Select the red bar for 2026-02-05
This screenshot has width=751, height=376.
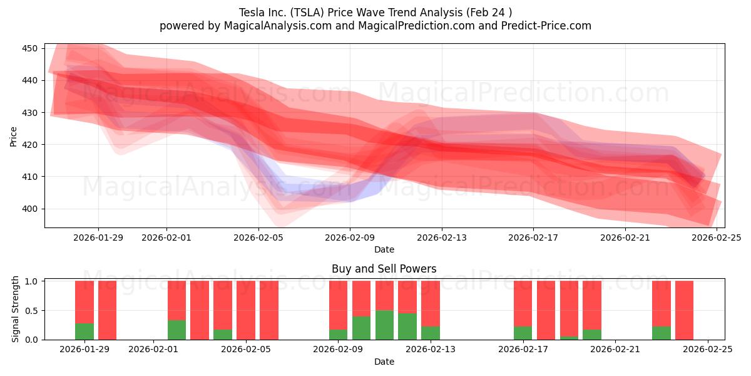[x=246, y=310]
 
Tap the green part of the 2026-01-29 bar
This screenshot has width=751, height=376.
[x=84, y=332]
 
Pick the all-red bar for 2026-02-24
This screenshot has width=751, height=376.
[x=684, y=310]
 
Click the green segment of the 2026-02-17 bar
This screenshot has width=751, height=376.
[x=523, y=333]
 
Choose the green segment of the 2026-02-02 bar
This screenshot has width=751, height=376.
[x=176, y=330]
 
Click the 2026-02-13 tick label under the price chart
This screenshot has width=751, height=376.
[x=442, y=238]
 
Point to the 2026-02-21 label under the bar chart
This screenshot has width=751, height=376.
[x=615, y=350]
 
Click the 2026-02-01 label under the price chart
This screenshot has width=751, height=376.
[x=166, y=238]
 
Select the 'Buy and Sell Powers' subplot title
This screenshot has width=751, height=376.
[x=384, y=269]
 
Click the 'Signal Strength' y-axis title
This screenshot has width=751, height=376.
[x=15, y=310]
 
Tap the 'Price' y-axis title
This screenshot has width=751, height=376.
[x=14, y=136]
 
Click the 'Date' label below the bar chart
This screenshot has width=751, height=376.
[x=384, y=362]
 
